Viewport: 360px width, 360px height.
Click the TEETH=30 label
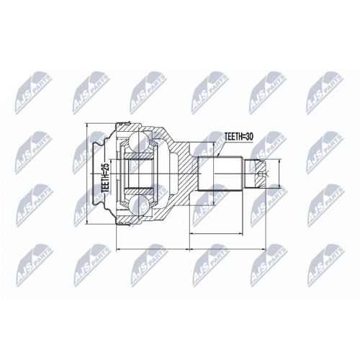pyautogui.click(x=238, y=137)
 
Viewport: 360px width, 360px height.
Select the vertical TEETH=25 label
pyautogui.click(x=106, y=176)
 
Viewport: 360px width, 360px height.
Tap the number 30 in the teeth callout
pyautogui.click(x=248, y=137)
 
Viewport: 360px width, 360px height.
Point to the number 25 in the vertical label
pyautogui.click(x=106, y=165)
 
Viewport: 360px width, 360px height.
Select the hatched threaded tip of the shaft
pyautogui.click(x=258, y=174)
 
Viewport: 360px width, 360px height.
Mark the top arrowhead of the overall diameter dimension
pyautogui.click(x=88, y=125)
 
